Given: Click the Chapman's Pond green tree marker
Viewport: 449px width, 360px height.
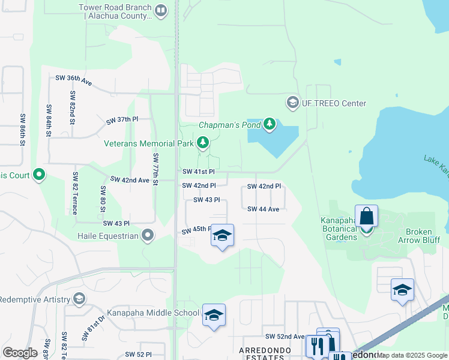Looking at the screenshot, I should pyautogui.click(x=270, y=124).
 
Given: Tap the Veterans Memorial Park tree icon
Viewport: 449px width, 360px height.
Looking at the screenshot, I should pyautogui.click(x=203, y=143).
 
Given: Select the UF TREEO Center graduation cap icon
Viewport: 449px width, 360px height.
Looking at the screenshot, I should pyautogui.click(x=292, y=103).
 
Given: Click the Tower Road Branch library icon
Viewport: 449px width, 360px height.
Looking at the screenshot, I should pyautogui.click(x=160, y=10).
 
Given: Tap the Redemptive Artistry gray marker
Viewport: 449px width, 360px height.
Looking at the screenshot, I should pyautogui.click(x=79, y=299).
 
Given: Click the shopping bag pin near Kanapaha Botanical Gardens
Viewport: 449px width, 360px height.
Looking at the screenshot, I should pyautogui.click(x=366, y=217).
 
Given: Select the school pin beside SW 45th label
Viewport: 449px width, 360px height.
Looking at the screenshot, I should pyautogui.click(x=221, y=236).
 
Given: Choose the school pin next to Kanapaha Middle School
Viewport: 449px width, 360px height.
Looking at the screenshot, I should pyautogui.click(x=214, y=315).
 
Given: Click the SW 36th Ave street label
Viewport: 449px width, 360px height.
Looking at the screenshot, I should pyautogui.click(x=73, y=80).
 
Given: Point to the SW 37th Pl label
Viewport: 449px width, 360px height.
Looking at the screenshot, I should pyautogui.click(x=122, y=120).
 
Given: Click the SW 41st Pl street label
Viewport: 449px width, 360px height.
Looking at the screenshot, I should pyautogui.click(x=199, y=172).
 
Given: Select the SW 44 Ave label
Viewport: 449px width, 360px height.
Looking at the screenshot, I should pyautogui.click(x=264, y=209).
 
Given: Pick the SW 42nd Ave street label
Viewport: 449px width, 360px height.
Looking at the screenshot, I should pyautogui.click(x=130, y=179).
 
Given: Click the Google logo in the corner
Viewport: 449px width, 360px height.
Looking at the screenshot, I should pyautogui.click(x=20, y=352).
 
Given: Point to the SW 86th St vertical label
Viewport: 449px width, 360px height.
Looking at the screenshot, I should pyautogui.click(x=22, y=130).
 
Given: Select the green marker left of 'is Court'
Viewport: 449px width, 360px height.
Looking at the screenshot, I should pyautogui.click(x=40, y=175).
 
